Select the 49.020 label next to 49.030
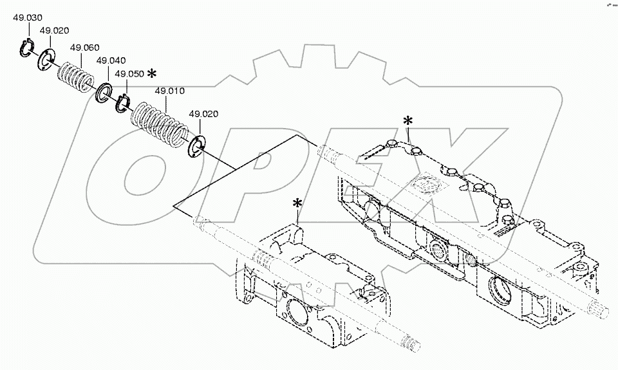pyautogui.click(x=55, y=30)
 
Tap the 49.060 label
pyautogui.click(x=84, y=48)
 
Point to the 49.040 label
pyautogui.click(x=111, y=60)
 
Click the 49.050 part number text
pyautogui.click(x=129, y=73)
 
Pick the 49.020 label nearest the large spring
pyautogui.click(x=203, y=114)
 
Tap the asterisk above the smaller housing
pyautogui.click(x=297, y=203)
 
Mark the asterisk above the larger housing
pyautogui.click(x=407, y=120)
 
